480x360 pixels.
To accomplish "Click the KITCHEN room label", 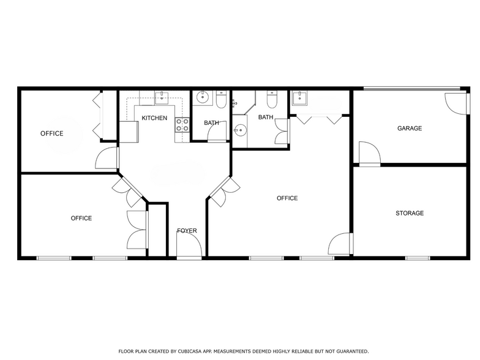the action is coord(154,118).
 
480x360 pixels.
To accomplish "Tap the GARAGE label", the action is coord(410,129).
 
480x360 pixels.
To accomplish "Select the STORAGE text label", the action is coord(410,213).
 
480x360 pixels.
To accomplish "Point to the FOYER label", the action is coord(187,230).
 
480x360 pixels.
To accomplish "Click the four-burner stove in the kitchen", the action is coord(182,125).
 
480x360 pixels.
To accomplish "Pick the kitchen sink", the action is coord(162,98).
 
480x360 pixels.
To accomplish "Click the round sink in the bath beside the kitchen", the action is coord(202,97).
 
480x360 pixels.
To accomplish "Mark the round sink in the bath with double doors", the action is coord(240,130).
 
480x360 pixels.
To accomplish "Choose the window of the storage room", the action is coord(418,258).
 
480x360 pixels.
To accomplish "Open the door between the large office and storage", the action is coord(340,244).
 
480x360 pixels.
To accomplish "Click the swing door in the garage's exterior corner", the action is coord(457,103).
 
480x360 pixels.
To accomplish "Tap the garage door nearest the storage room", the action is coord(370,154).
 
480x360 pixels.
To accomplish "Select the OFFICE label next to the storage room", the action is coord(287,198).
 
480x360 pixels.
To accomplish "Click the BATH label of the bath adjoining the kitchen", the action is coord(211,122).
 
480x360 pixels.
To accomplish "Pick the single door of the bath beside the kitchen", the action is coord(217,131).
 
